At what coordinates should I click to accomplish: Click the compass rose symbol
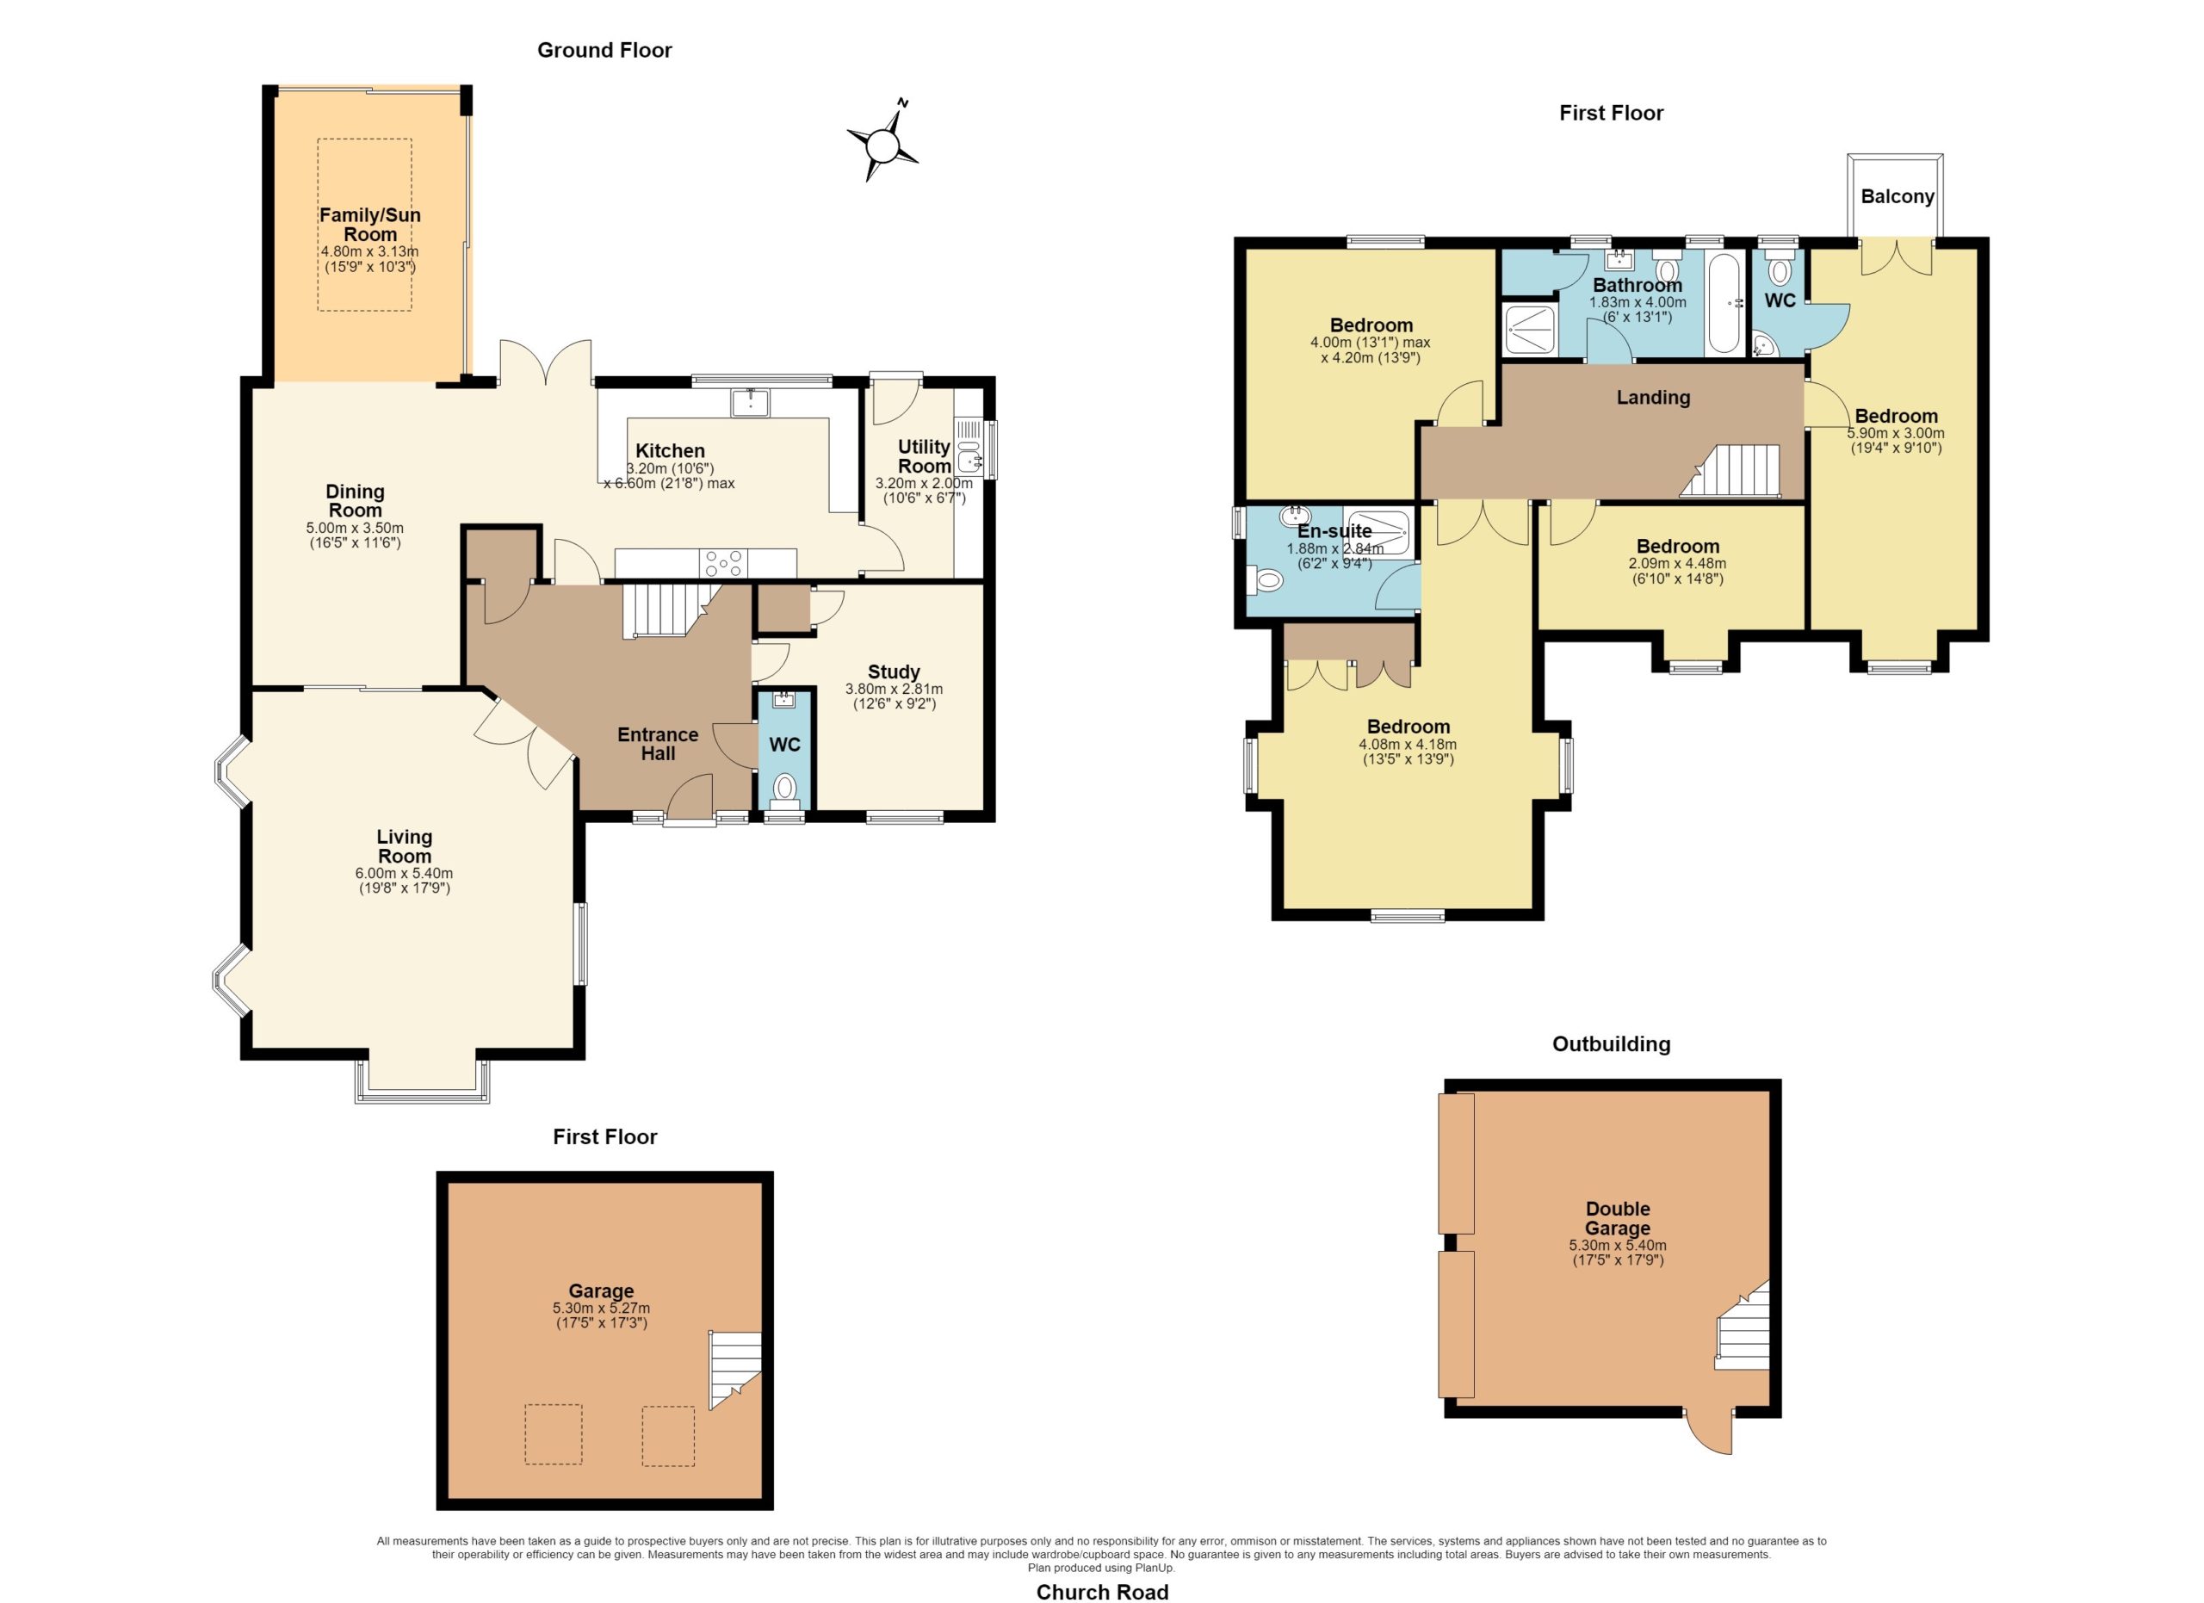click(x=882, y=142)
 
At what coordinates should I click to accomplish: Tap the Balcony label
click(x=1897, y=196)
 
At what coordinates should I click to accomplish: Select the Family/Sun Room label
click(x=370, y=225)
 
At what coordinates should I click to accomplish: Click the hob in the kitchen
click(x=724, y=564)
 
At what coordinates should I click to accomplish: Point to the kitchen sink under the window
click(x=750, y=402)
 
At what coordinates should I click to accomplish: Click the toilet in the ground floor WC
click(x=785, y=789)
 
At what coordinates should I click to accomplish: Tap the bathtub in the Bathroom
click(x=1727, y=304)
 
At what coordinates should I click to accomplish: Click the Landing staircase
click(x=1730, y=471)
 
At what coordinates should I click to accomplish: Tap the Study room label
click(x=894, y=672)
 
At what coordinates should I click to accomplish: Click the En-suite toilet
click(x=1266, y=581)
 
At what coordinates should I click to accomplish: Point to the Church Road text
click(x=1102, y=1591)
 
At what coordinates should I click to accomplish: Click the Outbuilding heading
click(x=1611, y=1044)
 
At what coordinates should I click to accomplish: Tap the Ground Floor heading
click(x=604, y=51)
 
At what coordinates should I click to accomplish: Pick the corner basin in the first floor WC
click(x=1765, y=343)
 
